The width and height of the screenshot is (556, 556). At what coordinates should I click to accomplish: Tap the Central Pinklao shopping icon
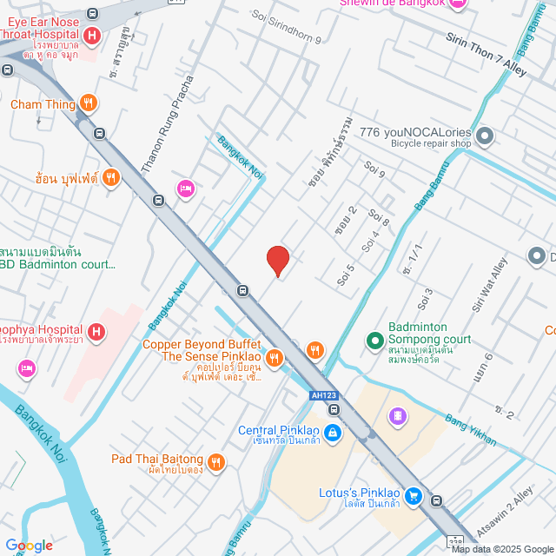(332, 432)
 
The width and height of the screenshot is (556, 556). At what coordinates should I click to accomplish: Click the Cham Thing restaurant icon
(88, 104)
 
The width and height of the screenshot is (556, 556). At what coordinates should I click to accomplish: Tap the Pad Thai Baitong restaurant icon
(216, 460)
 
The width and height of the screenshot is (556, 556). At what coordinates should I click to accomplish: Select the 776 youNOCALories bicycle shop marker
(485, 136)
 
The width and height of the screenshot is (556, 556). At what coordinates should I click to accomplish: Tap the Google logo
(29, 545)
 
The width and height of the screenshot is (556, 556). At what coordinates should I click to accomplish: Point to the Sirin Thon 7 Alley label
(486, 54)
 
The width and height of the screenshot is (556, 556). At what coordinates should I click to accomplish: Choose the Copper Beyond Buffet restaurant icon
(275, 357)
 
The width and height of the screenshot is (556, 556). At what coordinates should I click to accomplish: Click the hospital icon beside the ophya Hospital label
(96, 331)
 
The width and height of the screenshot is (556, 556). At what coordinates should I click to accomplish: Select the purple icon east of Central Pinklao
(398, 417)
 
